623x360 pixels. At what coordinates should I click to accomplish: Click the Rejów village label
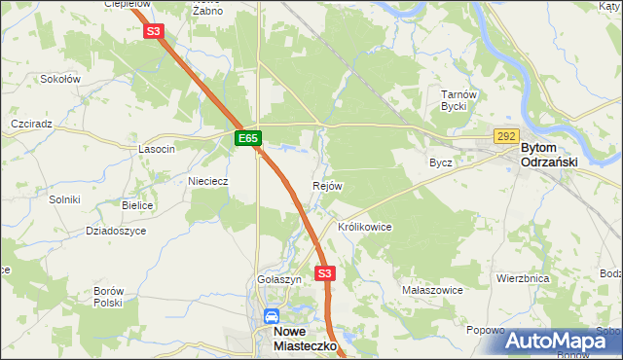pos(326,186)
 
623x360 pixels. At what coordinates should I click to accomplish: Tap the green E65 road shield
pos(248,139)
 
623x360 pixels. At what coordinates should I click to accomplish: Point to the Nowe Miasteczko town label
pos(301,339)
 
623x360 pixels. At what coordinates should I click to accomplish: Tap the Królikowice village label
pos(364,227)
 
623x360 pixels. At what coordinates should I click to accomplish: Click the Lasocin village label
pos(157,149)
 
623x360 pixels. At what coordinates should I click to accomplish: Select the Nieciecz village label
pos(207,180)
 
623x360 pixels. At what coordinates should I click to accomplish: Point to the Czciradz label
pos(30,125)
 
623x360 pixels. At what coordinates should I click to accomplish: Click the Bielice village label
pos(138,206)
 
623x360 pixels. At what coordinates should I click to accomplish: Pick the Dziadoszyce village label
pos(116,231)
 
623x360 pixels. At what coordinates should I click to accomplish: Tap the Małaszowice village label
pos(432,290)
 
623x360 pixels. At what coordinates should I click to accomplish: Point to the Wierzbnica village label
pos(523,277)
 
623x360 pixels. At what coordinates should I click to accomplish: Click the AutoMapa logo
pos(563,341)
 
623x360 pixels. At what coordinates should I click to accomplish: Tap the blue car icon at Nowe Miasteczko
pos(272,317)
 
